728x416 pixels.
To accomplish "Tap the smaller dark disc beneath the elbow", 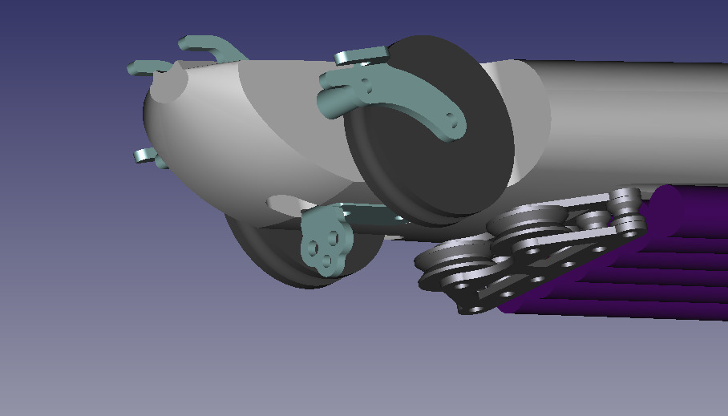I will pos(273,256).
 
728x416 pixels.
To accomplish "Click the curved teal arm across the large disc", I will pos(417,104).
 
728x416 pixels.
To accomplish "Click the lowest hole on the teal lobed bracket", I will pos(326,259).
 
